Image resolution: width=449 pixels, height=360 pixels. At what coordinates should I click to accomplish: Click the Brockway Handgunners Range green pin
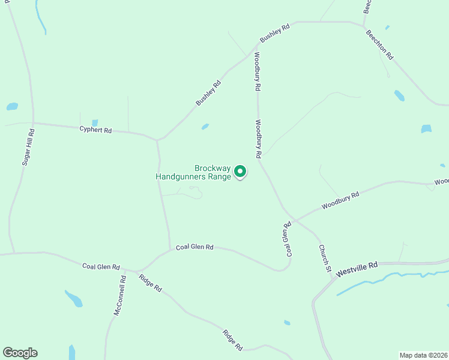coord(240,172)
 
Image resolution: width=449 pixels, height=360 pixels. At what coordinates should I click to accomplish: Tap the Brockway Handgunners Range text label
coord(193,173)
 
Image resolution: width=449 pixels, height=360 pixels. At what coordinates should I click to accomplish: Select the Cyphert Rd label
coord(96,130)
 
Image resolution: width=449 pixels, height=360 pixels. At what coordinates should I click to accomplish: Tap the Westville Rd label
coord(357,268)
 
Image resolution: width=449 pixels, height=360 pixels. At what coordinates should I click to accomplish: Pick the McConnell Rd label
coord(119,296)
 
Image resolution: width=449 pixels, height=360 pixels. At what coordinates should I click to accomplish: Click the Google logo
coord(20,353)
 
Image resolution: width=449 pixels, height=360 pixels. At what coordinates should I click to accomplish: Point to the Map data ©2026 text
coord(423,355)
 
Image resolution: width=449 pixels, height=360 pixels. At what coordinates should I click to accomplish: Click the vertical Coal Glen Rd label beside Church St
coord(288,239)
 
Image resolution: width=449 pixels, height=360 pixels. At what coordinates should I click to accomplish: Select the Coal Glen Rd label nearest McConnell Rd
coord(101,267)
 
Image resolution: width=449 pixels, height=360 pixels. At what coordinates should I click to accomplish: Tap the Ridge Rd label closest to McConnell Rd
coord(150,283)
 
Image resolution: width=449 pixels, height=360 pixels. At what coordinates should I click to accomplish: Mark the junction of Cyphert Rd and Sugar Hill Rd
coord(34,123)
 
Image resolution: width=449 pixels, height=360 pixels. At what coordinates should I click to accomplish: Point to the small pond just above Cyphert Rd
coord(95,123)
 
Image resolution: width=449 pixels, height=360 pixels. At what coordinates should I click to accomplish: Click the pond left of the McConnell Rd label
coord(74,298)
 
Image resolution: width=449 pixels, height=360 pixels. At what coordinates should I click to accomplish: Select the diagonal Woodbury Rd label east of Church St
coord(340,200)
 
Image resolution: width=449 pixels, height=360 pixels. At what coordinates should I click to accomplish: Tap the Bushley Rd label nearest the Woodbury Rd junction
coord(275,33)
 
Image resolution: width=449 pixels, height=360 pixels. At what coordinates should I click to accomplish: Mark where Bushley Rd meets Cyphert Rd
coord(157,140)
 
